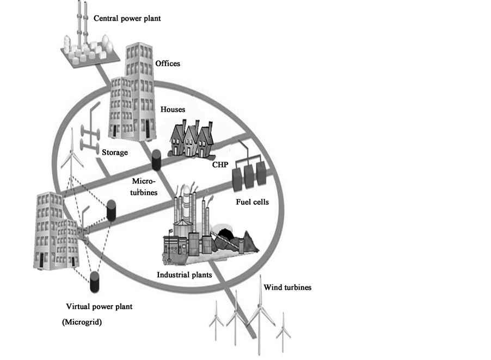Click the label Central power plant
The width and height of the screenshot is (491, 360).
pos(127,19)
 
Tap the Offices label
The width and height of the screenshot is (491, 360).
pos(168,64)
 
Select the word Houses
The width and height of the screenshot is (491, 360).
pos(173,109)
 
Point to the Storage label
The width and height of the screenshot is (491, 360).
pos(115,152)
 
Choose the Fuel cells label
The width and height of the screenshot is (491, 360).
pos(252,202)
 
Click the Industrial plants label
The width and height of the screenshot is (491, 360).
pos(184,275)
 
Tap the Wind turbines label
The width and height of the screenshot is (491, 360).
pos(287,288)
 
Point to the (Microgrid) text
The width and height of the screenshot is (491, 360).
pos(82,322)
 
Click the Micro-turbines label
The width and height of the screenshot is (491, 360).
pos(144,186)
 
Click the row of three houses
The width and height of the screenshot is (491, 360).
pos(191,139)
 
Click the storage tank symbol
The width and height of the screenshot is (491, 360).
pos(87,133)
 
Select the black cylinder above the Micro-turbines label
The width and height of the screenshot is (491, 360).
pos(157,160)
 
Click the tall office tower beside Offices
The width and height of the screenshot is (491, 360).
pos(140,90)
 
